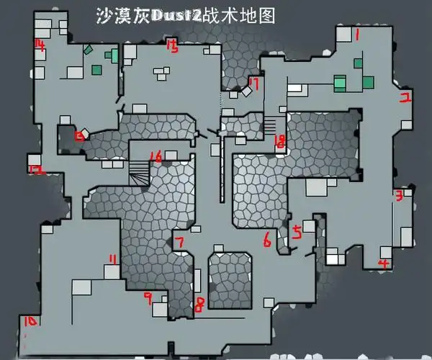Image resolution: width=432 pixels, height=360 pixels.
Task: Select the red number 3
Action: [x=397, y=194]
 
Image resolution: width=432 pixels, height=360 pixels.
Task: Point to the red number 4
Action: [x=384, y=264]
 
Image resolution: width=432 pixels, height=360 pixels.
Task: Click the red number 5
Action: [x=297, y=232]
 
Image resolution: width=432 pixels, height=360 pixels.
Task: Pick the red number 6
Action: [x=267, y=240]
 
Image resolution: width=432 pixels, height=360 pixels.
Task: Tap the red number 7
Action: [x=179, y=243]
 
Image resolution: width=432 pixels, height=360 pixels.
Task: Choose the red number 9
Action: [x=148, y=297]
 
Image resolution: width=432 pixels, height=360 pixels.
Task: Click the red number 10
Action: [x=30, y=321]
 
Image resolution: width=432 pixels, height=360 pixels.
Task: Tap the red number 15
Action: [x=171, y=48]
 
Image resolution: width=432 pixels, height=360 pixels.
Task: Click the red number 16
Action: [x=155, y=156]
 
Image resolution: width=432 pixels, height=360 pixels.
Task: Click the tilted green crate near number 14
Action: [x=88, y=50]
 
